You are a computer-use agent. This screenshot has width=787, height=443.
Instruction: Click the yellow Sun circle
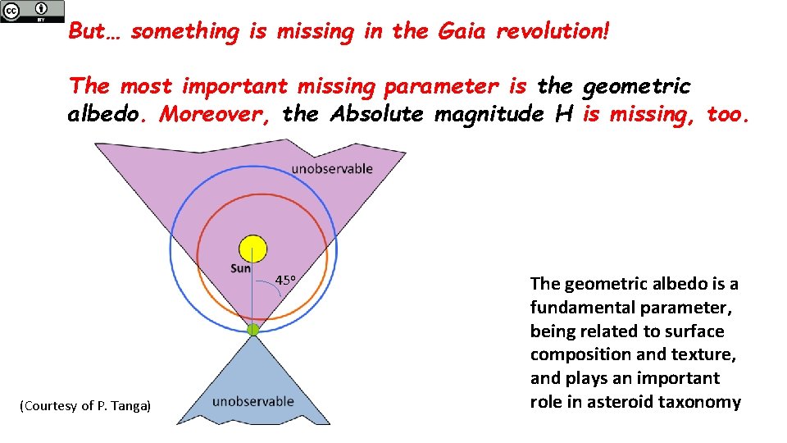(252, 249)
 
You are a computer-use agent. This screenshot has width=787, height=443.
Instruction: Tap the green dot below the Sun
(253, 329)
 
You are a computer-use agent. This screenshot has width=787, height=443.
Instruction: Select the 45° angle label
(285, 281)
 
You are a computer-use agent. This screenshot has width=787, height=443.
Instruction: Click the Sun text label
(240, 268)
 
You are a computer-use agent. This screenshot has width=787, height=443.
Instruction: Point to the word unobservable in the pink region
(331, 169)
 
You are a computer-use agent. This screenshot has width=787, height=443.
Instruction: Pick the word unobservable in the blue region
(252, 401)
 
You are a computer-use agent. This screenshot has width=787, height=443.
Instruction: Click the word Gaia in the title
(462, 32)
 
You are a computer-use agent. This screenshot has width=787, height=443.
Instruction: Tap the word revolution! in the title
(553, 32)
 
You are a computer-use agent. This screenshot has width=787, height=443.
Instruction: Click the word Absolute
(376, 114)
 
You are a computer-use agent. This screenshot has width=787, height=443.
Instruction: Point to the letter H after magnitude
(563, 114)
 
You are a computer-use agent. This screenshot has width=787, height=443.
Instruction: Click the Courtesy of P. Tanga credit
(86, 406)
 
